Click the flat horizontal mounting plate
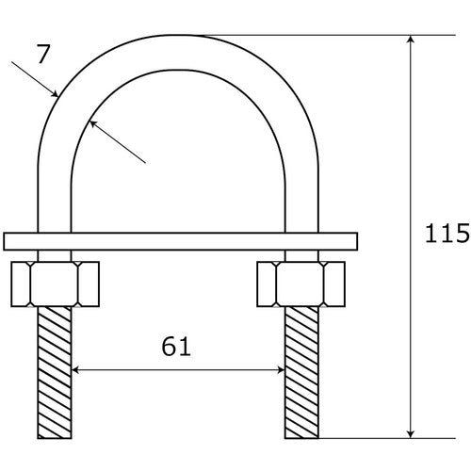(x=179, y=241)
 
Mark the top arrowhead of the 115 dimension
(x=411, y=42)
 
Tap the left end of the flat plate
(x=8, y=241)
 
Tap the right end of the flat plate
(x=356, y=241)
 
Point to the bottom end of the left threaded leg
(x=55, y=435)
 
